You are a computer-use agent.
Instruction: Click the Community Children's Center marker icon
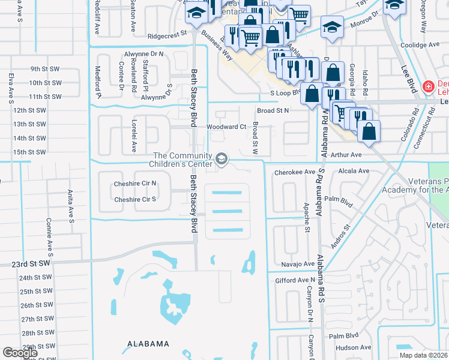(221, 159)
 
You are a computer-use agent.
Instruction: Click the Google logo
(20, 353)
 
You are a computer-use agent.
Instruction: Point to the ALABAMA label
(148, 344)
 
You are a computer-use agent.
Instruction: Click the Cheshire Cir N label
(135, 184)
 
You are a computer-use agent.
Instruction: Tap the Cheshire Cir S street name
(135, 199)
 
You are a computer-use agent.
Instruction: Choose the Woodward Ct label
(226, 127)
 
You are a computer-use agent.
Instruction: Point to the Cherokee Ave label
(294, 172)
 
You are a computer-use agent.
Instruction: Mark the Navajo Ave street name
(298, 264)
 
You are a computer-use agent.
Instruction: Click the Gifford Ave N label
(295, 280)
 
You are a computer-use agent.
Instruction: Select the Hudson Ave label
(354, 347)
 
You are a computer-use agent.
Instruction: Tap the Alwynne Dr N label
(144, 53)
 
